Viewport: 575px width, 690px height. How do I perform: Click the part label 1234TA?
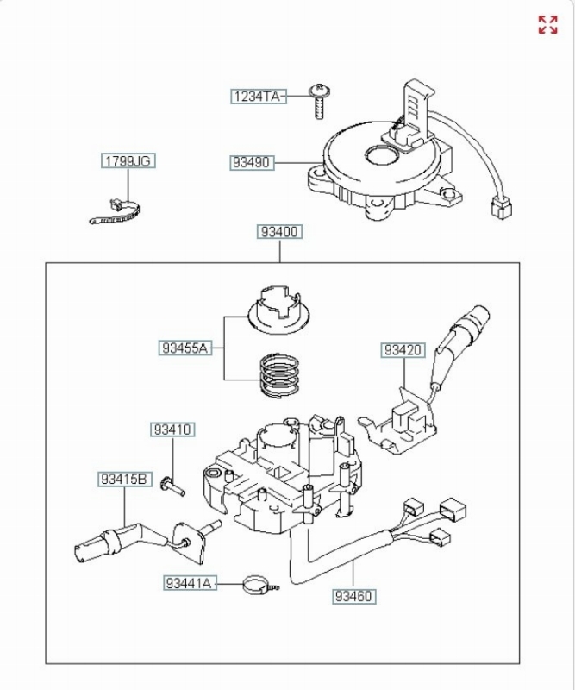pos(259,97)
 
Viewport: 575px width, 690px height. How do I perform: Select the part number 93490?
pos(252,162)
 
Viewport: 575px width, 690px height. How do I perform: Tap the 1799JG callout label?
pos(128,160)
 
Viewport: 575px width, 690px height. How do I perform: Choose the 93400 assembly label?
pos(280,231)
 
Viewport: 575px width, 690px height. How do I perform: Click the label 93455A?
pos(184,348)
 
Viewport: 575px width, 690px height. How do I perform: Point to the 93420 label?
pos(403,350)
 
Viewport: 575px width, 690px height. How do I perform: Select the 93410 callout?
pos(172,429)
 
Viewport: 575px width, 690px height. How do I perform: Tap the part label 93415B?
pos(124,479)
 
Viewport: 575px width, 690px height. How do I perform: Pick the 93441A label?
pos(190,583)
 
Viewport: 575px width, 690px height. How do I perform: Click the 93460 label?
pos(354,596)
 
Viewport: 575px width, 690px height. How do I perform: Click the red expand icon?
pos(547,25)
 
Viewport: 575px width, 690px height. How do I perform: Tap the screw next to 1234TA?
pos(320,101)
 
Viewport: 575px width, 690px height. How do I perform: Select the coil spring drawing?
pos(280,375)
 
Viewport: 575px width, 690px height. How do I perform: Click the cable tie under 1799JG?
pos(116,213)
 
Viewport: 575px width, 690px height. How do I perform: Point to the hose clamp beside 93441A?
pos(260,586)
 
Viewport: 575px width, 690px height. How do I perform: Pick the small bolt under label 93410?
pos(172,486)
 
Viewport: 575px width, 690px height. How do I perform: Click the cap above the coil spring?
pos(278,309)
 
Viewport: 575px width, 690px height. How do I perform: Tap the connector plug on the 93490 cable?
pos(501,208)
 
